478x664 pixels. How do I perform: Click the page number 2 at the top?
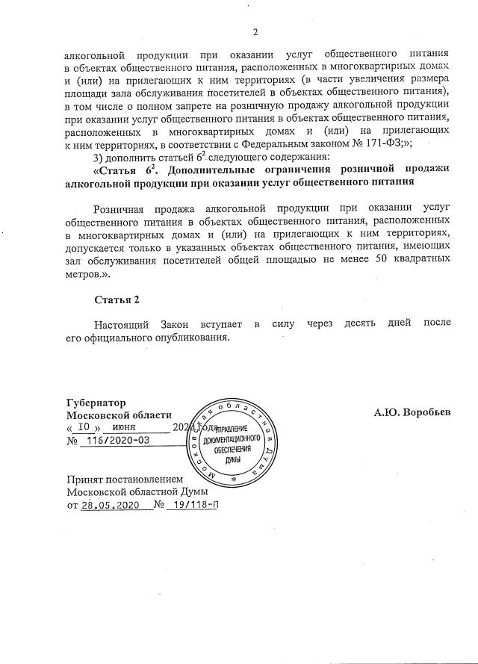coord(255,31)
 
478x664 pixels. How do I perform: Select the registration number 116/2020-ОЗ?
coord(117,441)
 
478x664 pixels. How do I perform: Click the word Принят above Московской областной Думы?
coord(87,480)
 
